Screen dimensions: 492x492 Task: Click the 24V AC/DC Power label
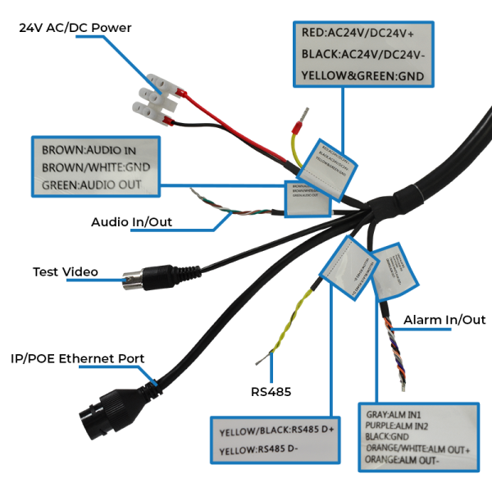(75, 28)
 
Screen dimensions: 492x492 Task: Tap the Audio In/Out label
(131, 222)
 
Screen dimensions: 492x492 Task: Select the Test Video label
(65, 271)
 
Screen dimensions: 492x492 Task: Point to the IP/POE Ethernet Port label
(77, 358)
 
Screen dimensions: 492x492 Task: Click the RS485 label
(271, 392)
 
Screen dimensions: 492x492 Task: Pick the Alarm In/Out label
(444, 320)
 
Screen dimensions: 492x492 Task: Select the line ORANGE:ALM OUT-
(402, 461)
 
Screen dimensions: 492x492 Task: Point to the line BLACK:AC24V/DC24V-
(361, 54)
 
